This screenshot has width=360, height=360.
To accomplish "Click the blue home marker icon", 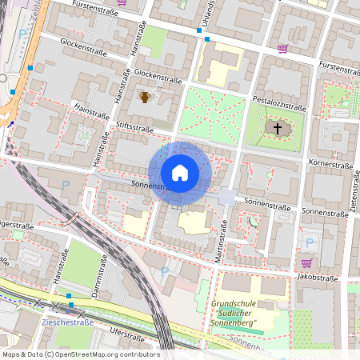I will coord(180,173).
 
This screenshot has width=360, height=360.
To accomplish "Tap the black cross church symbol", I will coord(278,128).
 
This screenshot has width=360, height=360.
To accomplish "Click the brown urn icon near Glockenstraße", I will coord(145,97).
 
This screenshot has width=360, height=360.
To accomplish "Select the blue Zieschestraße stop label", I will coord(67,322).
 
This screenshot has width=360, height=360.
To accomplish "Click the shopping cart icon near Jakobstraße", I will coord(306,262).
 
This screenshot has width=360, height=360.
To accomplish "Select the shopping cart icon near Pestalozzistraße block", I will coord(282,48).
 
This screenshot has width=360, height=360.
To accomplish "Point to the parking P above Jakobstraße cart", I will coord(309,242).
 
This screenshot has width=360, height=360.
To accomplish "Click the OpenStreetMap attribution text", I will coord(80,354).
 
